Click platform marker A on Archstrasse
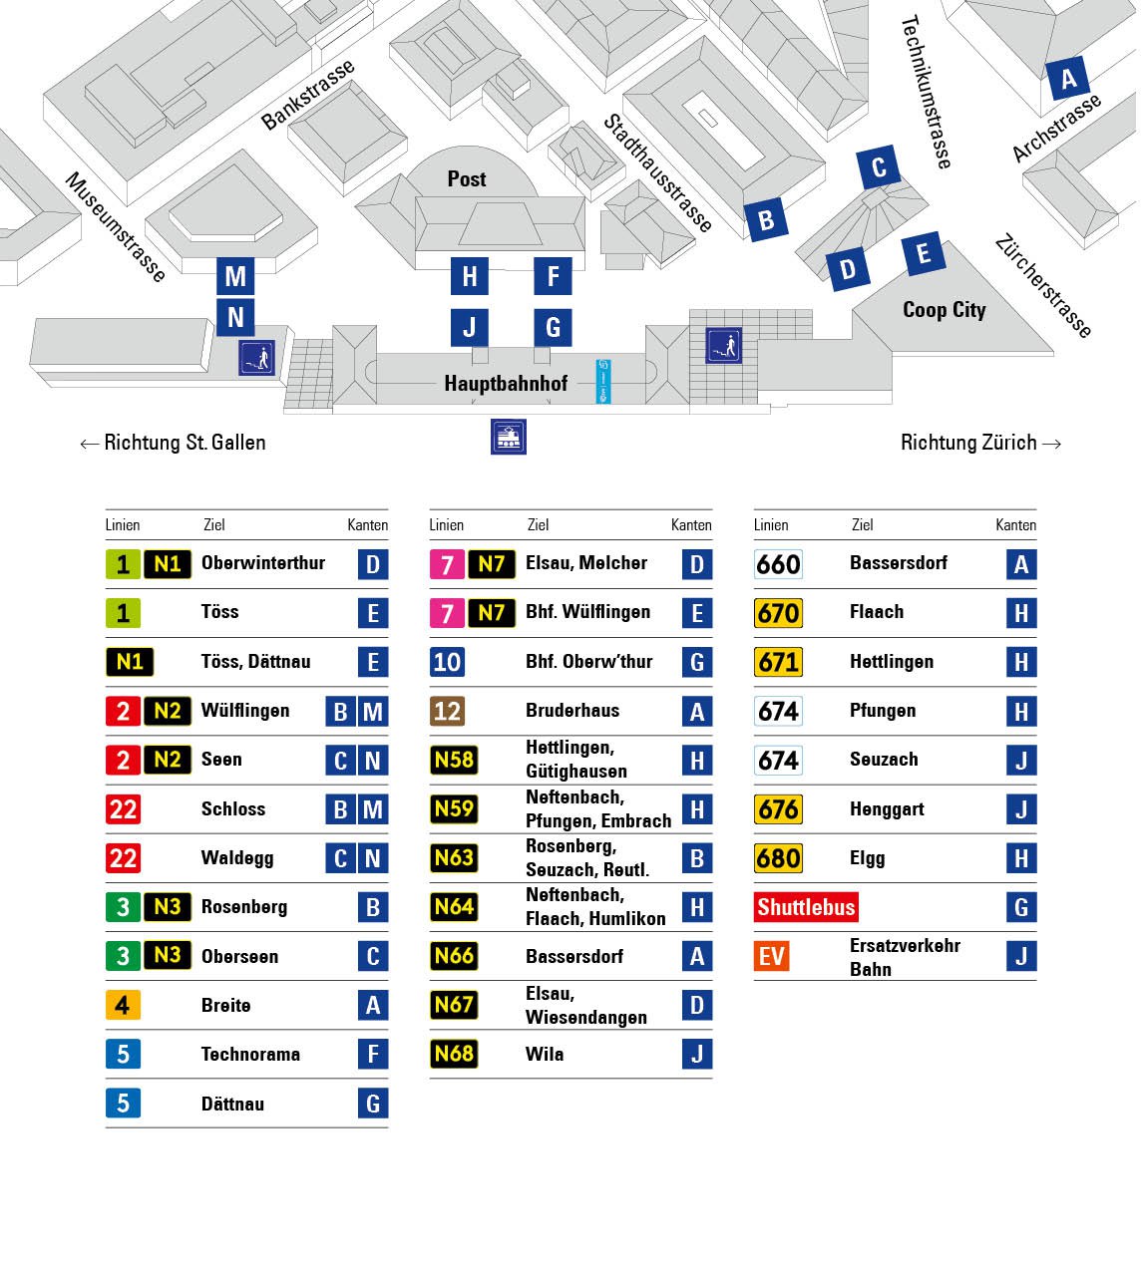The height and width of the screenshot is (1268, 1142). click(1068, 79)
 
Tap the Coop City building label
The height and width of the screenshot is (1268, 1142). click(944, 310)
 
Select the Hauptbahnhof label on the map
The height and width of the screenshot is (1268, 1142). click(506, 384)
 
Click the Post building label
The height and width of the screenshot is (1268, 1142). click(467, 179)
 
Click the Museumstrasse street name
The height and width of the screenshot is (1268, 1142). click(115, 227)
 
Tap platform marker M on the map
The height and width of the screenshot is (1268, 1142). click(235, 276)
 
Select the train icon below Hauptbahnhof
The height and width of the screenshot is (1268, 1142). click(509, 437)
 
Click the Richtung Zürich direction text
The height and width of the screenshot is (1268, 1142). click(979, 443)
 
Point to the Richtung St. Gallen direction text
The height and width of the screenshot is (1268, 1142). click(174, 443)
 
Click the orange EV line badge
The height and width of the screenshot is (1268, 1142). click(772, 957)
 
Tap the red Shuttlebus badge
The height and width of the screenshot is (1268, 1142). click(806, 907)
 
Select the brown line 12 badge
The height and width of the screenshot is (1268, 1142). click(447, 711)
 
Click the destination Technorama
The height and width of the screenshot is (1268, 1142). click(250, 1055)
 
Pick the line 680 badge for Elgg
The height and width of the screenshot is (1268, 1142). click(778, 858)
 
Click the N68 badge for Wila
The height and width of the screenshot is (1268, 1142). click(454, 1054)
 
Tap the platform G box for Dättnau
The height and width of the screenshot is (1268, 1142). click(373, 1104)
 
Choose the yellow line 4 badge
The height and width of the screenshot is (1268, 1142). click(123, 1005)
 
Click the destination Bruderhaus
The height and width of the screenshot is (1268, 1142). click(572, 711)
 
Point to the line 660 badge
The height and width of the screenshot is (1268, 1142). click(778, 564)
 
